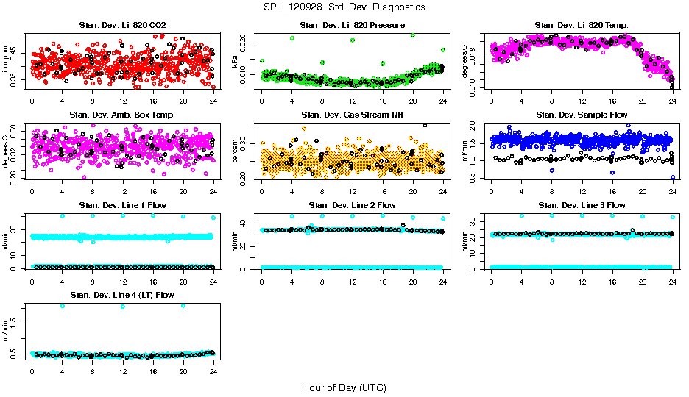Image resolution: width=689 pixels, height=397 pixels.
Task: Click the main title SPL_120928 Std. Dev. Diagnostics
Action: pyautogui.click(x=344, y=7)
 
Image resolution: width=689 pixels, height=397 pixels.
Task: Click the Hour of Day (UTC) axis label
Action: pyautogui.click(x=344, y=387)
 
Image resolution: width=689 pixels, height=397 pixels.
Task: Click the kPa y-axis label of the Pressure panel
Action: pyautogui.click(x=236, y=62)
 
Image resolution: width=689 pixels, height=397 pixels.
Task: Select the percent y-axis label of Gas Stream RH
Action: pyautogui.click(x=236, y=151)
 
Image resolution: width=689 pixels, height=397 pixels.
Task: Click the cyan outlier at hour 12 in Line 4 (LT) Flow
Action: pyautogui.click(x=122, y=306)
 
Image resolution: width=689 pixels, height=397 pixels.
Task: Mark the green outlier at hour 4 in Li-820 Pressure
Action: pyautogui.click(x=292, y=37)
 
